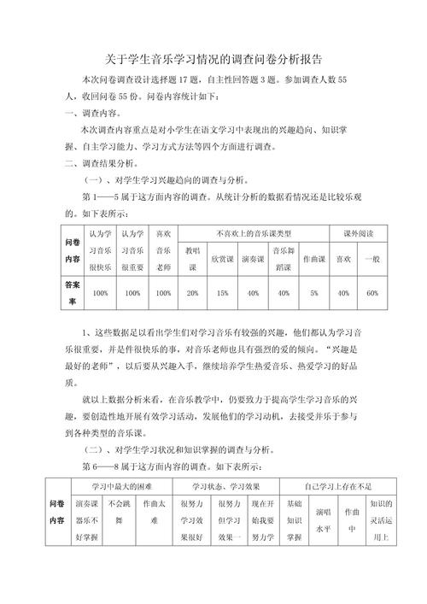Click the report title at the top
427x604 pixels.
pyautogui.click(x=213, y=60)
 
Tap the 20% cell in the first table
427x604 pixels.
pyautogui.click(x=192, y=293)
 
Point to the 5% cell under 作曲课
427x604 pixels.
pyautogui.click(x=313, y=293)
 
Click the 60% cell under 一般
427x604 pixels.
pyautogui.click(x=371, y=293)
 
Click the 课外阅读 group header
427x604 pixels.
pyautogui.click(x=358, y=233)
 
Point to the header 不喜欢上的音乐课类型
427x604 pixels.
pyautogui.click(x=253, y=233)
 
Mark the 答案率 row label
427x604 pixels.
pyautogui.click(x=73, y=293)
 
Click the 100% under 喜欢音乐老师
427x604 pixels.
pyautogui.click(x=162, y=293)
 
